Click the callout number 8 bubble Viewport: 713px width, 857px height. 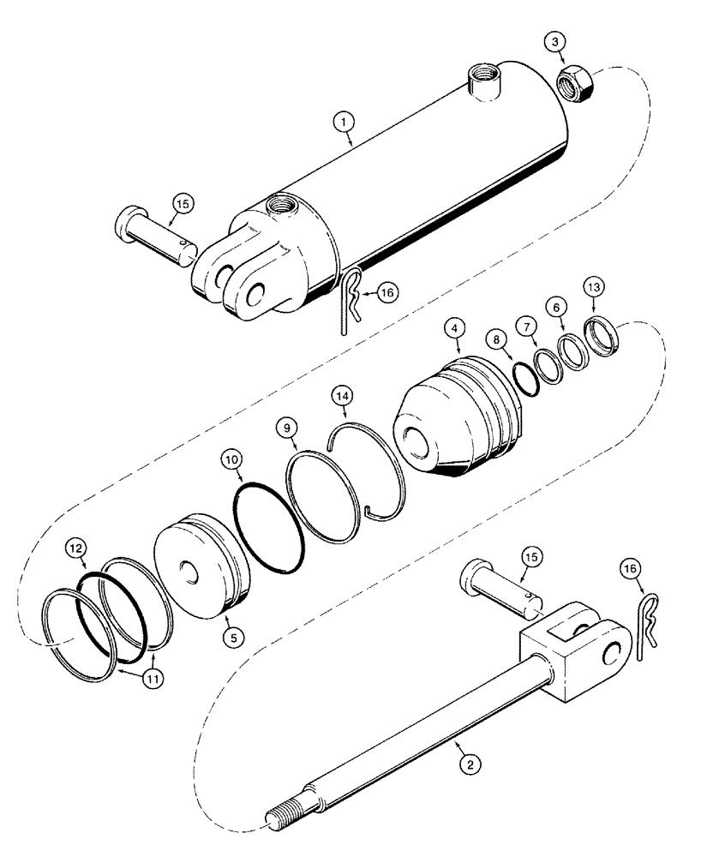pyautogui.click(x=76, y=546)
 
